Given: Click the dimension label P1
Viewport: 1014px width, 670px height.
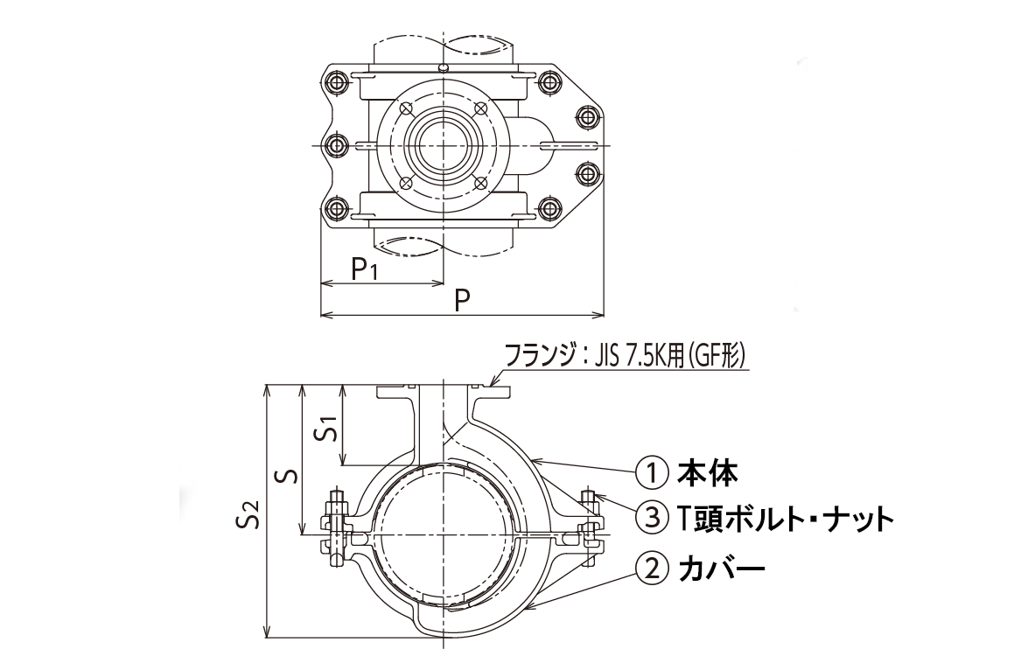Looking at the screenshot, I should pyautogui.click(x=365, y=269).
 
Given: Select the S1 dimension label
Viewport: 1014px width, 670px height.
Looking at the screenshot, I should pyautogui.click(x=326, y=429).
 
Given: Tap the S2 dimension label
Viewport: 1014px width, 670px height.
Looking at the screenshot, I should pyautogui.click(x=248, y=515).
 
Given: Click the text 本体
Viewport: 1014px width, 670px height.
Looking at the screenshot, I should pyautogui.click(x=709, y=473).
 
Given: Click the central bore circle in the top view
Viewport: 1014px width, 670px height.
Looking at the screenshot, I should pyautogui.click(x=444, y=143).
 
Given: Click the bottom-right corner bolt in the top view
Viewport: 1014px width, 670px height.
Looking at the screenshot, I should pyautogui.click(x=549, y=207).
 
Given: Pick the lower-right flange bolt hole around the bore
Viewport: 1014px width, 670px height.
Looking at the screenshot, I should pyautogui.click(x=480, y=181).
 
